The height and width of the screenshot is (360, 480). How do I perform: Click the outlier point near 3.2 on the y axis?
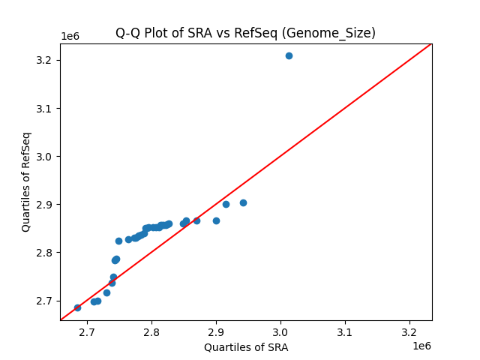pos(289,55)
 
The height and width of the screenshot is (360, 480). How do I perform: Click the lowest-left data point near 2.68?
pos(77,307)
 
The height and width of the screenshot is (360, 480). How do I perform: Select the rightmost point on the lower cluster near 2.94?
pos(243,202)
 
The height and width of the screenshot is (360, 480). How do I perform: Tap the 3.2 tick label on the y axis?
pos(47,60)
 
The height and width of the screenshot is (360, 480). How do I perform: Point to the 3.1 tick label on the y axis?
pos(47,108)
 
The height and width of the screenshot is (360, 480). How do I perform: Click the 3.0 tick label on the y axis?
pos(47,156)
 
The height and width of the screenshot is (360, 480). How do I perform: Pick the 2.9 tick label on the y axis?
pos(47,204)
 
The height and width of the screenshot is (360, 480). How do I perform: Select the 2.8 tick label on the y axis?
pos(47,253)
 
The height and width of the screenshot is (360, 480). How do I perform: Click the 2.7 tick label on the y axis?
pos(47,301)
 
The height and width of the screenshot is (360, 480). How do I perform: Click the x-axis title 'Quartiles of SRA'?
pos(246,347)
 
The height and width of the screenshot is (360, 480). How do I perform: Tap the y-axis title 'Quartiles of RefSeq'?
pos(26,181)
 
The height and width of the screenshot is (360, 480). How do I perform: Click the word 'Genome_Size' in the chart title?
pos(341,33)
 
